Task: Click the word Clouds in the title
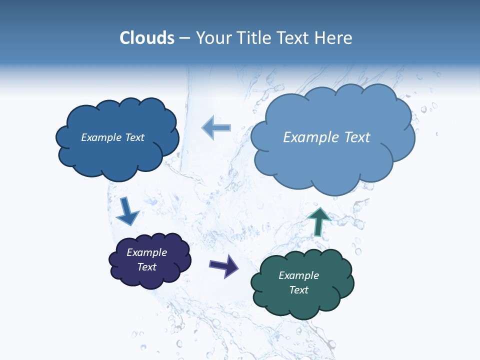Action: [147, 38]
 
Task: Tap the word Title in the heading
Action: [256, 38]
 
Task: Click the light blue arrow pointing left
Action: [215, 127]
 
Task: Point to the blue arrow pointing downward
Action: [127, 211]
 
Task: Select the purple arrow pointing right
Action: [223, 265]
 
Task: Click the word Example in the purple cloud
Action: [146, 252]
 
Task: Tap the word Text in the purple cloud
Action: [147, 267]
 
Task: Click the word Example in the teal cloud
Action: [298, 275]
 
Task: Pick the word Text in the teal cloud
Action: [299, 290]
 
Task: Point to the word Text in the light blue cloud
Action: [356, 137]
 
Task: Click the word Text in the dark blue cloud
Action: [134, 137]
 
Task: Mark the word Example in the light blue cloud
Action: [311, 137]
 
